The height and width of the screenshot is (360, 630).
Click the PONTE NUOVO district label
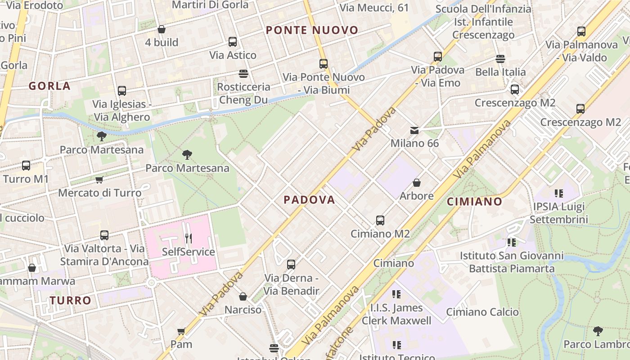click(x=312, y=30)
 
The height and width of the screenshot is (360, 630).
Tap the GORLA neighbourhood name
click(x=49, y=86)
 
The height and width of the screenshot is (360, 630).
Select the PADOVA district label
click(x=310, y=200)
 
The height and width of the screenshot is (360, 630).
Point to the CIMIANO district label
click(x=474, y=202)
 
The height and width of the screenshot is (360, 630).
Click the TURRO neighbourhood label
click(x=71, y=300)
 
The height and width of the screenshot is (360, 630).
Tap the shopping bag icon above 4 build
click(x=162, y=29)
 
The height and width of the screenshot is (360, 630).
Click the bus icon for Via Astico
click(x=233, y=42)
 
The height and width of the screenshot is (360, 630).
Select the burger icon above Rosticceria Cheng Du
click(x=243, y=73)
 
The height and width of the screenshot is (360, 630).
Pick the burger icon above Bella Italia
click(x=500, y=58)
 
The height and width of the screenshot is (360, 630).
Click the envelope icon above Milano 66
click(x=414, y=130)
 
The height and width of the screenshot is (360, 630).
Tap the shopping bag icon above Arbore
click(x=417, y=183)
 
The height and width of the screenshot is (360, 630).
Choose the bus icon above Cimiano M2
click(x=380, y=220)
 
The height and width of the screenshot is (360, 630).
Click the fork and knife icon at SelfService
click(x=188, y=238)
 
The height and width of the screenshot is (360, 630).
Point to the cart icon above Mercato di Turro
click(x=99, y=180)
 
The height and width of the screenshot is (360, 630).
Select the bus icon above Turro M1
click(x=26, y=166)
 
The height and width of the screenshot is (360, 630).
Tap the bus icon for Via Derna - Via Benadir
click(x=291, y=265)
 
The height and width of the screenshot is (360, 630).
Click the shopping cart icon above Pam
click(x=181, y=332)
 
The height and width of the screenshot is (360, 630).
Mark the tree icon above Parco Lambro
click(x=598, y=331)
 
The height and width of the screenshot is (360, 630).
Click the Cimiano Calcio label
click(x=482, y=312)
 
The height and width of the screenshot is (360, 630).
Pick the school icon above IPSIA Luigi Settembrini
click(x=559, y=193)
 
